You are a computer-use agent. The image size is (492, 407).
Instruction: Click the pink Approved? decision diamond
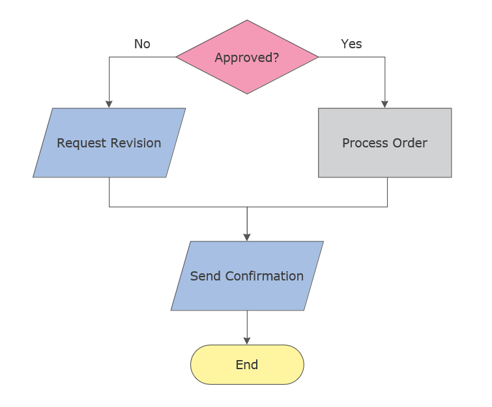pyautogui.click(x=247, y=57)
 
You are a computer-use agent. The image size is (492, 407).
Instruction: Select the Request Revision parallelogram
pyautogui.click(x=109, y=143)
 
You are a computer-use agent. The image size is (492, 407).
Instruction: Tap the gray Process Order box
pyautogui.click(x=384, y=143)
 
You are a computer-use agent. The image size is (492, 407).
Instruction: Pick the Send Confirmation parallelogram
pyautogui.click(x=247, y=276)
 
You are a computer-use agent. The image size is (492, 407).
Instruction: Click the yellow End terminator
pyautogui.click(x=247, y=365)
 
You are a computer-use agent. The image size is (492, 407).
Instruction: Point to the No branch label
pyautogui.click(x=142, y=44)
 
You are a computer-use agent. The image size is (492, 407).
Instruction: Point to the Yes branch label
pyautogui.click(x=351, y=44)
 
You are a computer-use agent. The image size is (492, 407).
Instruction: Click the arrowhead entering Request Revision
pyautogui.click(x=109, y=104)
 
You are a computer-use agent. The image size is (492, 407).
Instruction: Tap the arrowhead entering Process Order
pyautogui.click(x=384, y=104)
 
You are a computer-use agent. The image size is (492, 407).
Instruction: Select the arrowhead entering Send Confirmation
pyautogui.click(x=247, y=237)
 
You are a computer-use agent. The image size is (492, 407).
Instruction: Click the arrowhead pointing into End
pyautogui.click(x=247, y=340)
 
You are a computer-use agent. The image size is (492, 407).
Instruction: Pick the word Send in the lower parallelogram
pyautogui.click(x=205, y=276)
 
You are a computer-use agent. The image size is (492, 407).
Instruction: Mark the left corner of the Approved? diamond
pyautogui.click(x=177, y=57)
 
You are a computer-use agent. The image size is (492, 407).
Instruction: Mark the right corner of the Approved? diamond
pyautogui.click(x=318, y=57)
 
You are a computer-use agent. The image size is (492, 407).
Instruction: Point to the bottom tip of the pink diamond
pyautogui.click(x=247, y=93)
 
